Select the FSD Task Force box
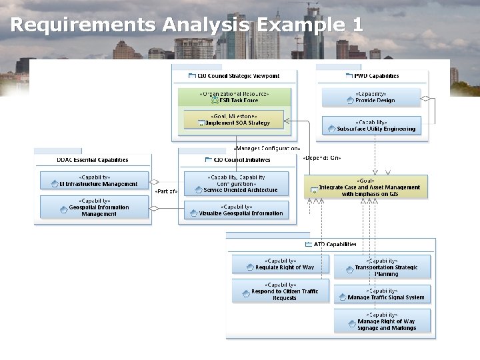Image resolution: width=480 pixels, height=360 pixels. (234, 97)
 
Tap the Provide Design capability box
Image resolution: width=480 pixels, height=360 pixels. (371, 97)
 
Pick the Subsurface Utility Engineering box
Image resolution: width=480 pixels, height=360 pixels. (371, 125)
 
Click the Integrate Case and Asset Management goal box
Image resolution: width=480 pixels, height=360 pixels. (366, 187)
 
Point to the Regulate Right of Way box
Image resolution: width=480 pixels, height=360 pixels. (280, 265)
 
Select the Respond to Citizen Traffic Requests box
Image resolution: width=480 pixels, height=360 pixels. (280, 291)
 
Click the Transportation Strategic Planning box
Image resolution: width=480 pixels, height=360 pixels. (382, 267)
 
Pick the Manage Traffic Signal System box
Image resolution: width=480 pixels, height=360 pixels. (382, 295)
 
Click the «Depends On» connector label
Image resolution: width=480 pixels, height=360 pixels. (321, 158)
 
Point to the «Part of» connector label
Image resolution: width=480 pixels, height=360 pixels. (166, 191)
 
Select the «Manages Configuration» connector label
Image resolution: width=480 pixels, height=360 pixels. (267, 148)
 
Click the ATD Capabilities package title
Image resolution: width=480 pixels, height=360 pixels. (335, 245)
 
